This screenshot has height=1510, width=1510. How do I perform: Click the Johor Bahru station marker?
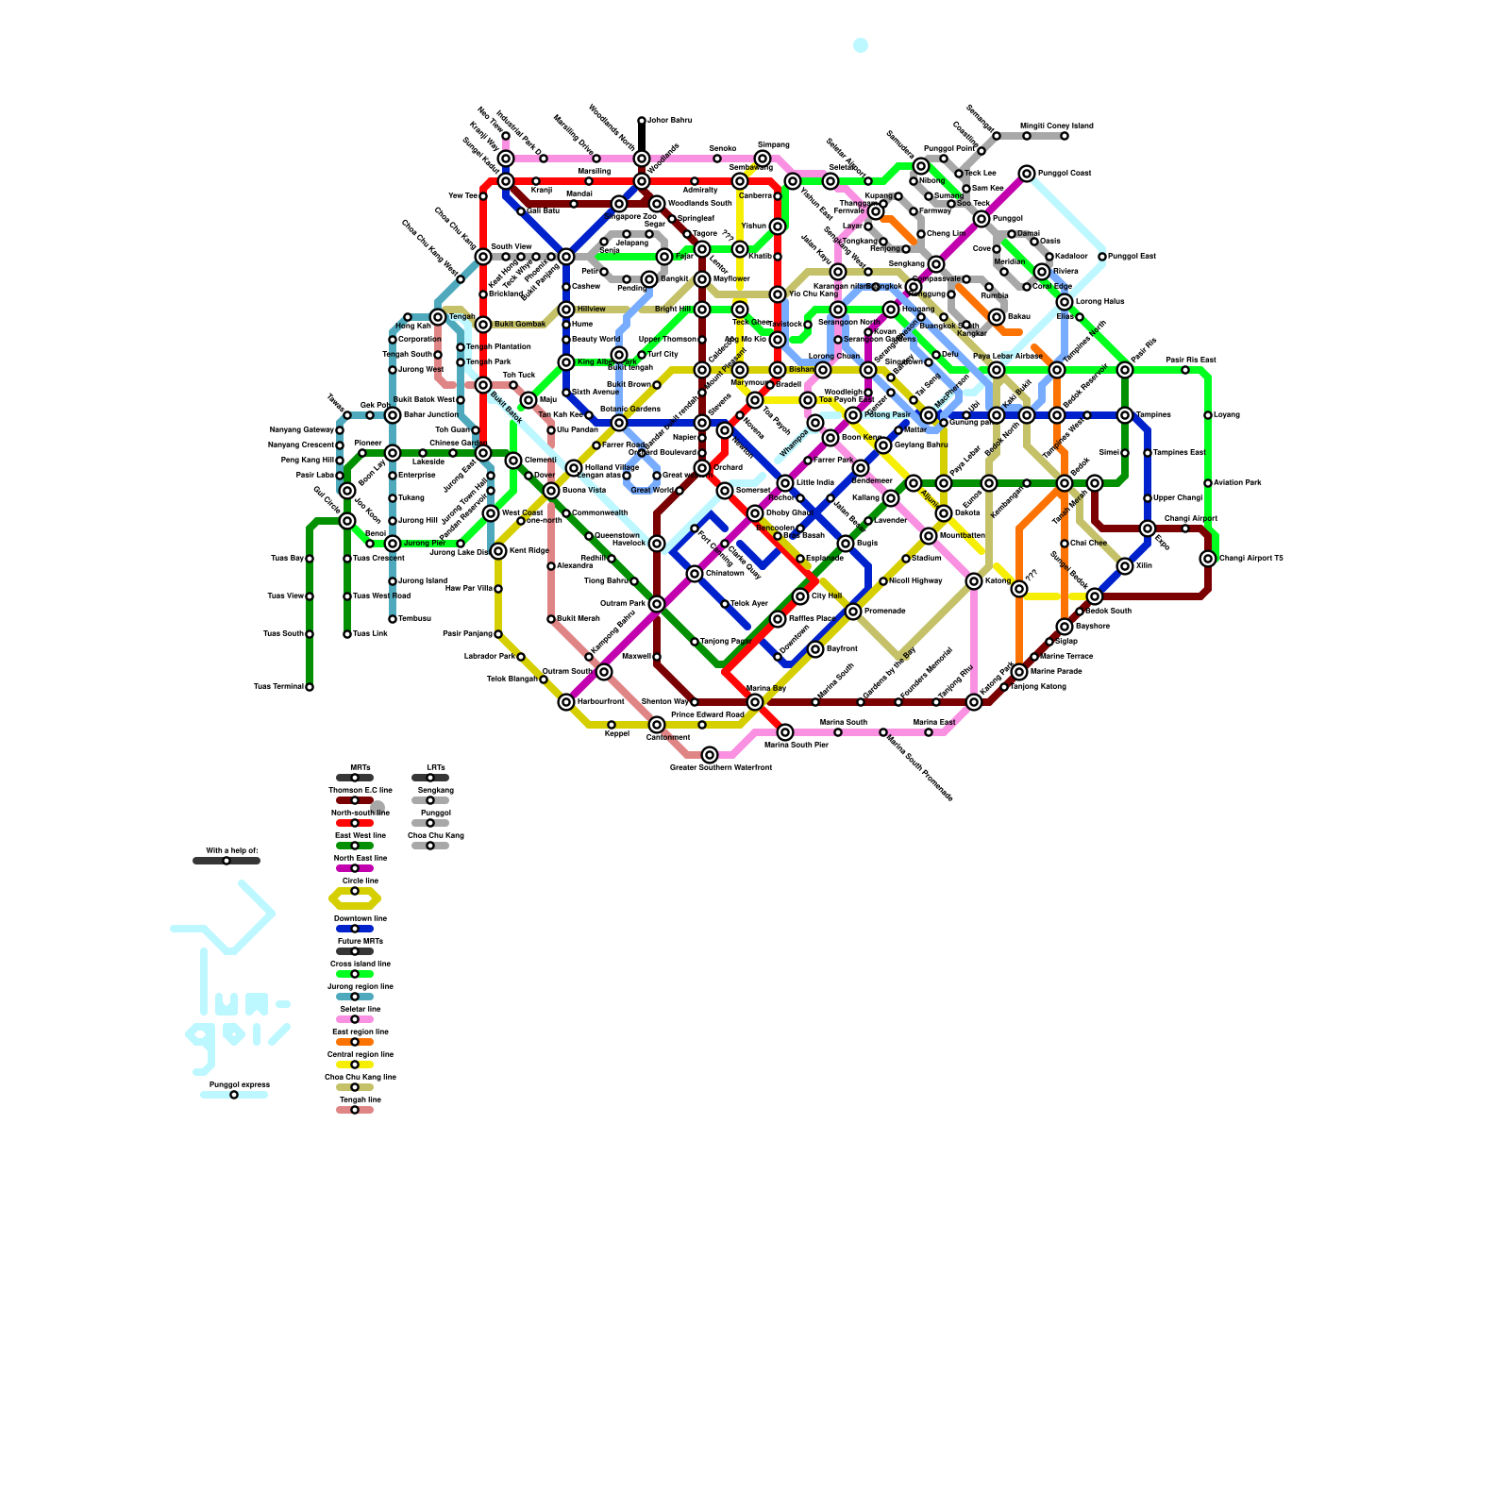(642, 121)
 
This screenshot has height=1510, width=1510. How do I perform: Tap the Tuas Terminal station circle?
(310, 687)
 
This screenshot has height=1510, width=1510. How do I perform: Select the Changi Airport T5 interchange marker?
(1208, 559)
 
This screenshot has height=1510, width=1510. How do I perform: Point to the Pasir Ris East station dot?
(1185, 370)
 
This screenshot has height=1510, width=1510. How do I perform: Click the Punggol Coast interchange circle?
(1027, 174)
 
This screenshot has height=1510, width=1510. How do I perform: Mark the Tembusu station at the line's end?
(393, 619)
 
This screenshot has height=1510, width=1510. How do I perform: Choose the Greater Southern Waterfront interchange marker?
(710, 755)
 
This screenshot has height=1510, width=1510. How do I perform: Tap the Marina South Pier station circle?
(785, 732)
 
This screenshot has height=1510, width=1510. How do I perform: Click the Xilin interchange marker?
(1125, 566)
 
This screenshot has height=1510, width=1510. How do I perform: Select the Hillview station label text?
(591, 310)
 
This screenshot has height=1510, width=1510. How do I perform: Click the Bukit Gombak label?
(520, 325)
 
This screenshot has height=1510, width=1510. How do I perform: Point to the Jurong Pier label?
(425, 544)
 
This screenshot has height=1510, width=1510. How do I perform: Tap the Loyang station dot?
(1208, 415)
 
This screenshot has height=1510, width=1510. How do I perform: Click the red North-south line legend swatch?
(355, 823)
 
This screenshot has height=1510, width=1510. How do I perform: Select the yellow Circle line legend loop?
(355, 898)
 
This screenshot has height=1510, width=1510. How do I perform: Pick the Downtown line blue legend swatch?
(355, 929)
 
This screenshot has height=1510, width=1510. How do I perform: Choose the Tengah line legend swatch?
(355, 1110)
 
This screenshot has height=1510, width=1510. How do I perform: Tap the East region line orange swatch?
(355, 1042)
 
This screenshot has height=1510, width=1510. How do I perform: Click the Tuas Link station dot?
(347, 634)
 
